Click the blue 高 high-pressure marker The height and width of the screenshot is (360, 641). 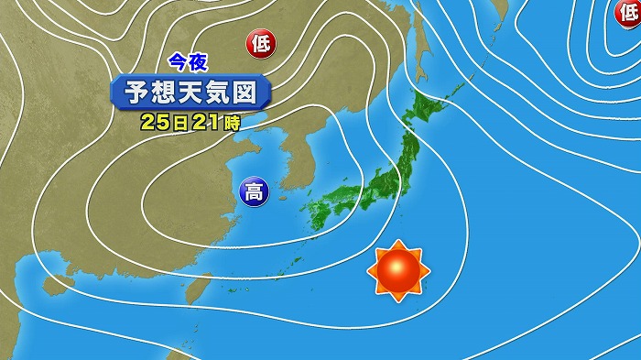252,192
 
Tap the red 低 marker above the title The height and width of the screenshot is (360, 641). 260,41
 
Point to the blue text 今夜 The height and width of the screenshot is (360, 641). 189,62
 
